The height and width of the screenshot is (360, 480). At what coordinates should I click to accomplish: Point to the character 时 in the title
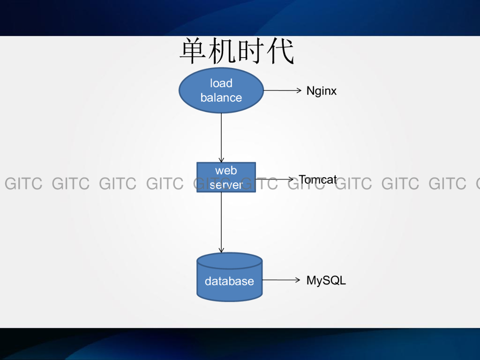point(251,51)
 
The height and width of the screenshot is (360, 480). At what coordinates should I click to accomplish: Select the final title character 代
point(280,51)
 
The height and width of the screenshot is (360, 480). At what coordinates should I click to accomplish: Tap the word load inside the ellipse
point(221,83)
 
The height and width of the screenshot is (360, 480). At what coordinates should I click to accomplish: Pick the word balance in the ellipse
point(221,97)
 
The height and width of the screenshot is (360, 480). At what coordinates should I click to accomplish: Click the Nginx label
point(322,91)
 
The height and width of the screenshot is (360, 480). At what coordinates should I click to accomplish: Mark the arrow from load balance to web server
point(221,138)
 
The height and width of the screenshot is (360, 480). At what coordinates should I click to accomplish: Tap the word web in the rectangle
point(226,171)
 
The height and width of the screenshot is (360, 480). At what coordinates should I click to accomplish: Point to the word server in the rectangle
point(226,185)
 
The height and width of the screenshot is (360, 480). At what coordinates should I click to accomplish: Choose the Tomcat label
point(318,180)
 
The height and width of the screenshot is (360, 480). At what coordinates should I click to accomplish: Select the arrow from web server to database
point(221,223)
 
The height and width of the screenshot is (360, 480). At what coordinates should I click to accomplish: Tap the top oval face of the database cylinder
point(230,261)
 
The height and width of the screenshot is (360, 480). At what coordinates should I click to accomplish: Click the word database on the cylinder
point(229,281)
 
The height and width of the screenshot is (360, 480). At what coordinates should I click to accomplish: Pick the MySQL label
point(326,280)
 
